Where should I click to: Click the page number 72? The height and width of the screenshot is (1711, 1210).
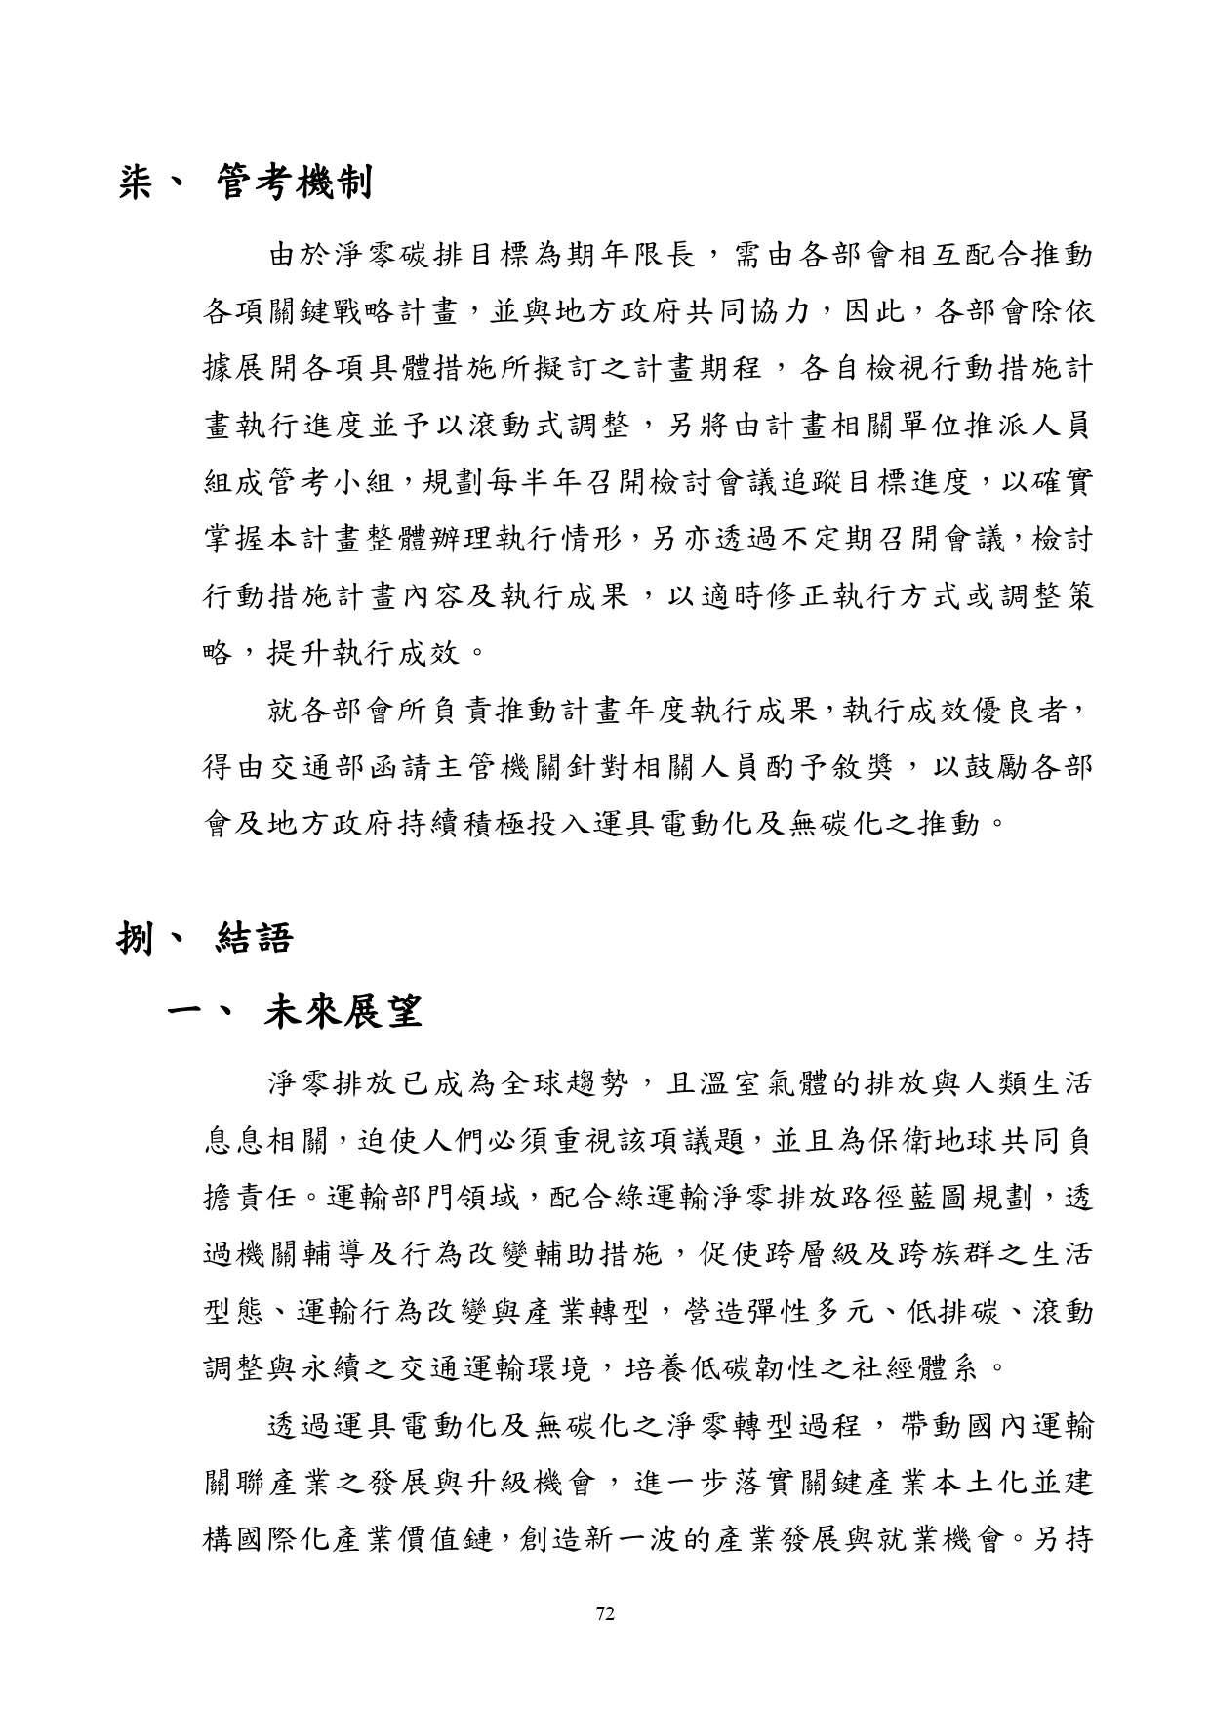click(x=604, y=1613)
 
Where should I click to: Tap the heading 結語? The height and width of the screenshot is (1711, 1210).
click(x=251, y=939)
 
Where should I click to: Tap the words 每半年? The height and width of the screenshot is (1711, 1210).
click(x=531, y=481)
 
